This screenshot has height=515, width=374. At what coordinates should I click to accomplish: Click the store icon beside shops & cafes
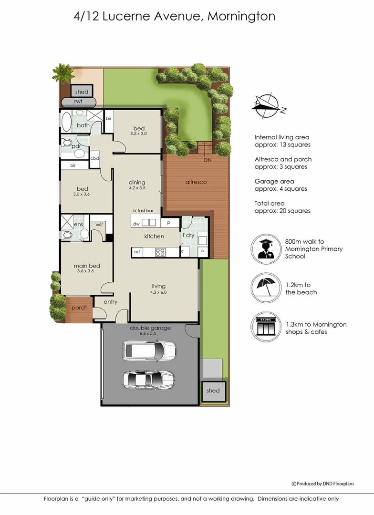point(265,327)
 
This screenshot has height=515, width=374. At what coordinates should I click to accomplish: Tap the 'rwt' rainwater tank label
point(78,101)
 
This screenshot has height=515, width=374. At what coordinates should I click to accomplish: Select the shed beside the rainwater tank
point(82,92)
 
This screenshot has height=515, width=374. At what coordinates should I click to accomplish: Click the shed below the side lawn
point(213,391)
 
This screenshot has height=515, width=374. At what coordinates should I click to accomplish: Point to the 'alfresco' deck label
point(196,182)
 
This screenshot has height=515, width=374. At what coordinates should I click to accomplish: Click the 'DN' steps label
point(207,160)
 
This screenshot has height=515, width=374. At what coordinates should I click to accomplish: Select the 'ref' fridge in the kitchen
point(137,252)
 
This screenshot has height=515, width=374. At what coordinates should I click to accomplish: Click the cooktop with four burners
point(160,252)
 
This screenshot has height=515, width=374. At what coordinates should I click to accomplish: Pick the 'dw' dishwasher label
point(136,223)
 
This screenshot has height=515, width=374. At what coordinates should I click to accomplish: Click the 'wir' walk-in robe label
point(100,224)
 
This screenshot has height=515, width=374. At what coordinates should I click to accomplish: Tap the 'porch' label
point(79,308)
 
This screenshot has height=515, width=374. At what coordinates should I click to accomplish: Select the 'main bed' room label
point(86,266)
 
